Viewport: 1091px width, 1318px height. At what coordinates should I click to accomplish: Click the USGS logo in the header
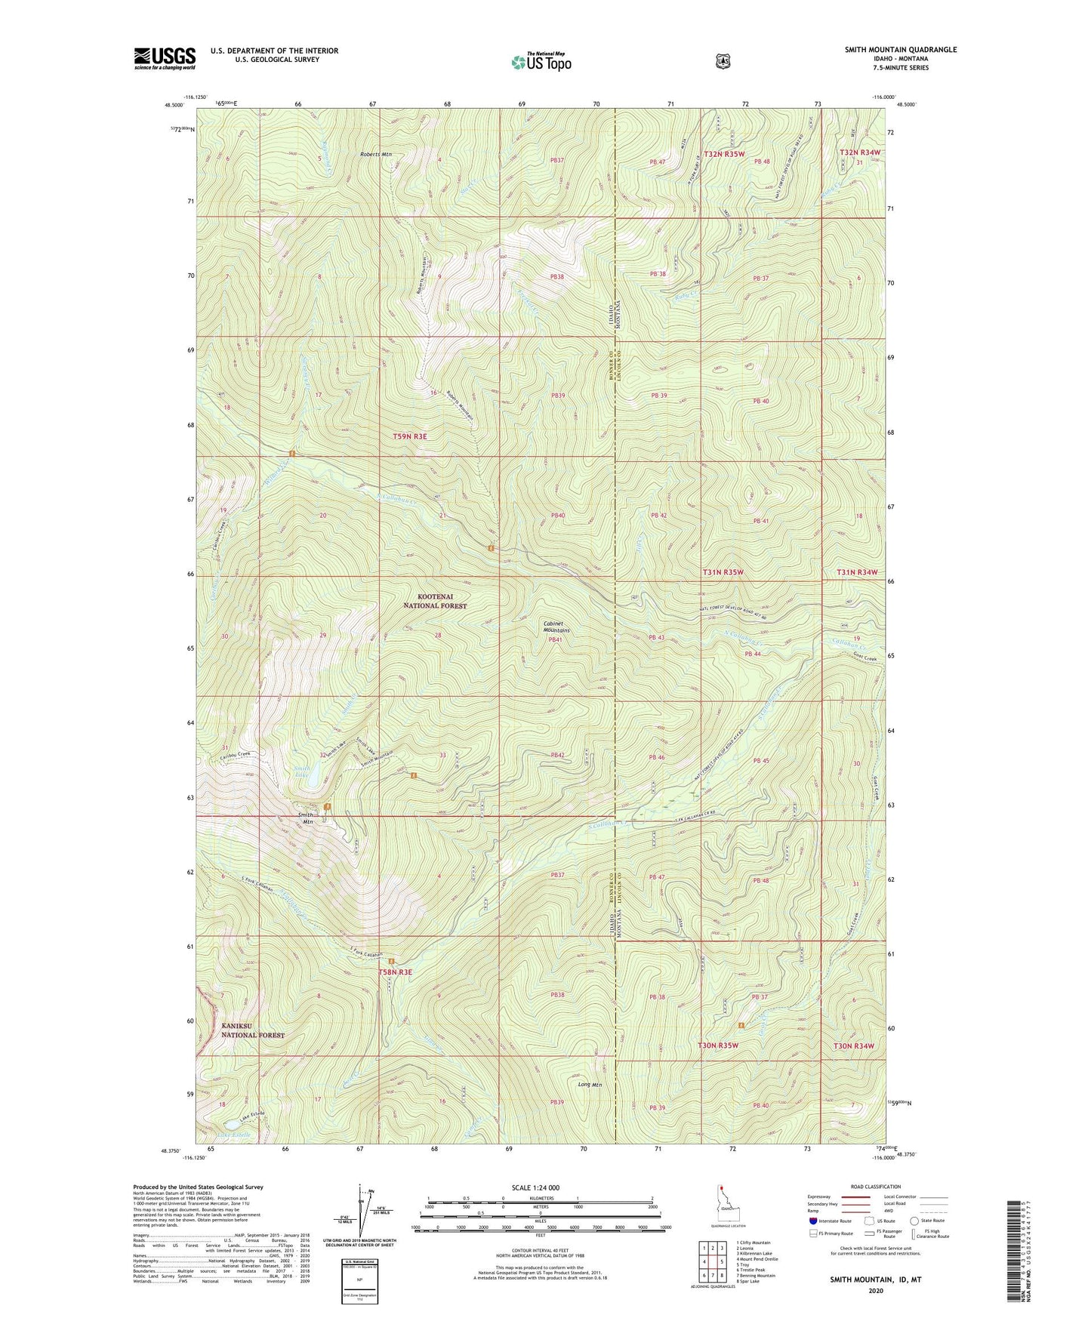[x=165, y=57]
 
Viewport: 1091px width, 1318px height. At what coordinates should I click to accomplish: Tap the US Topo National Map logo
[x=540, y=61]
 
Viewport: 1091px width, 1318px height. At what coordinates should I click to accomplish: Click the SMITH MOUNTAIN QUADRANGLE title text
[x=900, y=50]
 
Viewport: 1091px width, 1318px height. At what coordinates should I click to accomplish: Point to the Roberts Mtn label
[x=376, y=154]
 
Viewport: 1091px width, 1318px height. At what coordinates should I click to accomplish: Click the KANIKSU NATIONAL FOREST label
[x=253, y=1030]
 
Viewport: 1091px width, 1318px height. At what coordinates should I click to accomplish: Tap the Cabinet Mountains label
[x=556, y=627]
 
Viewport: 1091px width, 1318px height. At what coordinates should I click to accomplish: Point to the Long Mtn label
[x=590, y=1085]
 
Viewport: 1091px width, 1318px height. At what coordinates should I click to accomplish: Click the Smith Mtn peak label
[x=306, y=818]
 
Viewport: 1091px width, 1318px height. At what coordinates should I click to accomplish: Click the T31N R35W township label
[x=723, y=572]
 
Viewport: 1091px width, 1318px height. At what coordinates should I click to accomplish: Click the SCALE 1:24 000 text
[x=535, y=1187]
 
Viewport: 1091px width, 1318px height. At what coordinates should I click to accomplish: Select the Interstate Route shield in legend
[x=812, y=1220]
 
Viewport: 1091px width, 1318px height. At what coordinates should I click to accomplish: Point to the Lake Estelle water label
[x=233, y=1135]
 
